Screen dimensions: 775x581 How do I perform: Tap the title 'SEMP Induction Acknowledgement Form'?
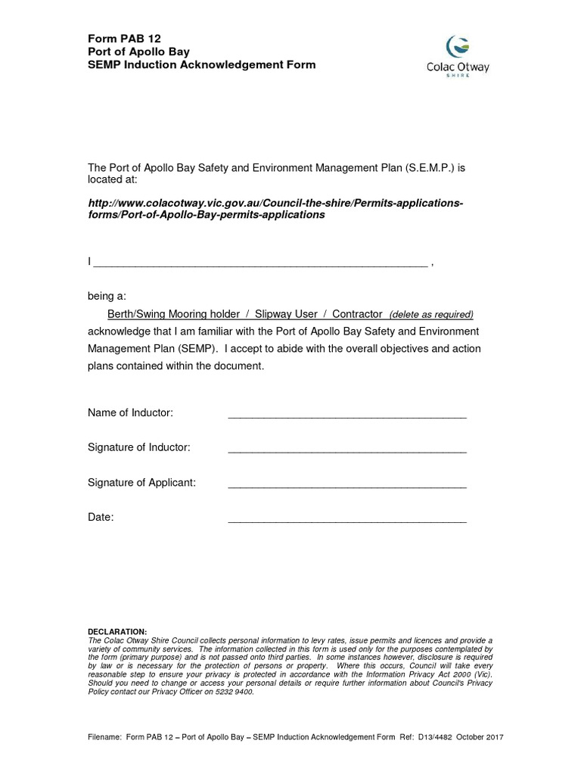[x=202, y=64]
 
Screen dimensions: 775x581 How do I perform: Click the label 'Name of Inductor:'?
[x=131, y=412]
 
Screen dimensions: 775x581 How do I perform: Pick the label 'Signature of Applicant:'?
[x=142, y=482]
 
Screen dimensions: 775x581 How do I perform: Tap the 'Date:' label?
[x=101, y=518]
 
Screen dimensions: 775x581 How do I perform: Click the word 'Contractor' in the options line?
[x=358, y=313]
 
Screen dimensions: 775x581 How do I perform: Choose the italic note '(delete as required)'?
[x=430, y=314]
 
